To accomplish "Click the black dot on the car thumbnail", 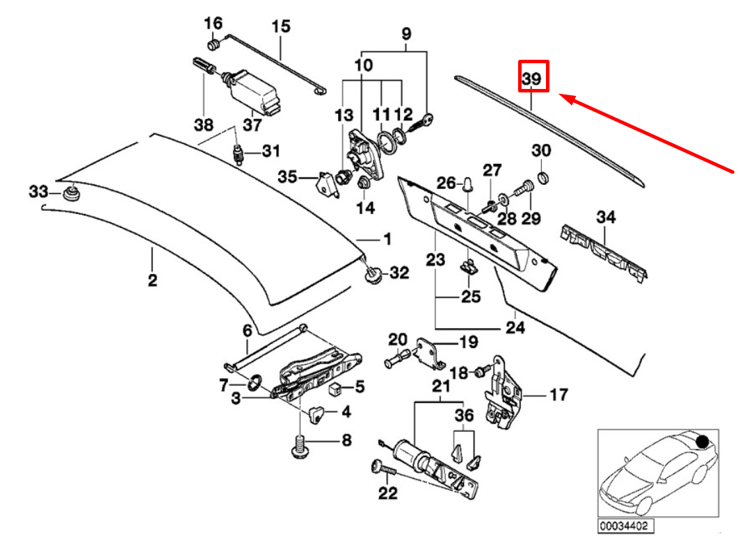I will coord(702,441).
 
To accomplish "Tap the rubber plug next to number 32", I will coord(373,276).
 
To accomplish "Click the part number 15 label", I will coord(280,27).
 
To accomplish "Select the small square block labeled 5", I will coord(337,387).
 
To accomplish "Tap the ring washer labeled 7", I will coord(253,382).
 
